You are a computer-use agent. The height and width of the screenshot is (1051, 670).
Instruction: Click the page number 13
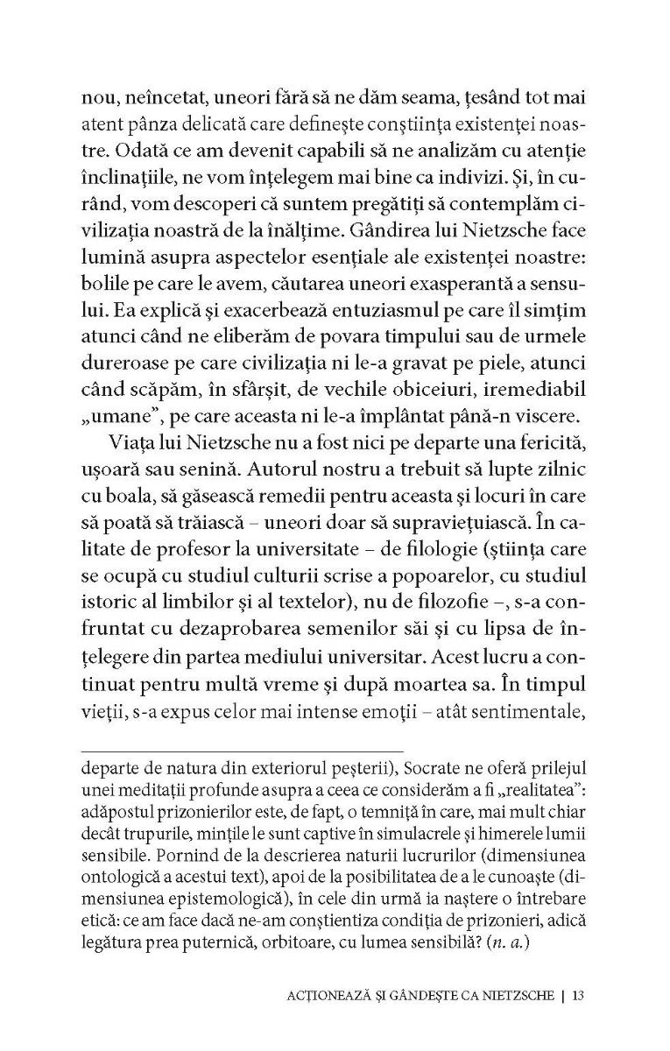[x=577, y=995]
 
